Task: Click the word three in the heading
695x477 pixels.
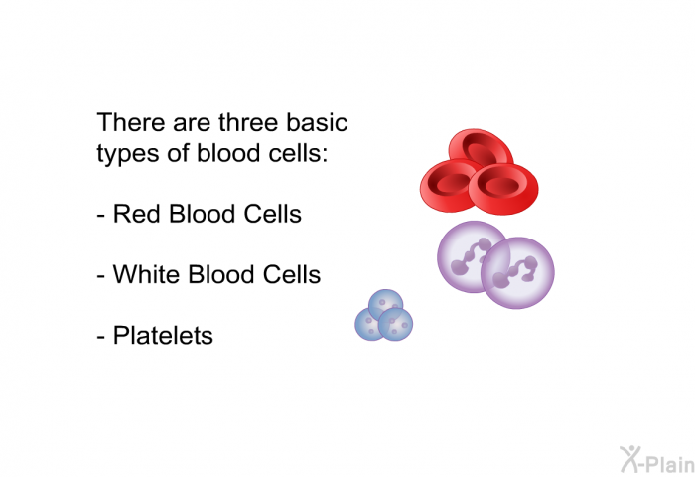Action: [248, 122]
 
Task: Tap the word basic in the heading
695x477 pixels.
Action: [317, 122]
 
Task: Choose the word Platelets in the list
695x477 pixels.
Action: [163, 335]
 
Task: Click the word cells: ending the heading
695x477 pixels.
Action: [298, 153]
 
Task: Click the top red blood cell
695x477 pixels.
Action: [482, 146]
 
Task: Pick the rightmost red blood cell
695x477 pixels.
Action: [504, 189]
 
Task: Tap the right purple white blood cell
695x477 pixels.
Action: [517, 273]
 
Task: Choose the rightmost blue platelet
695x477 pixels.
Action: [395, 325]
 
